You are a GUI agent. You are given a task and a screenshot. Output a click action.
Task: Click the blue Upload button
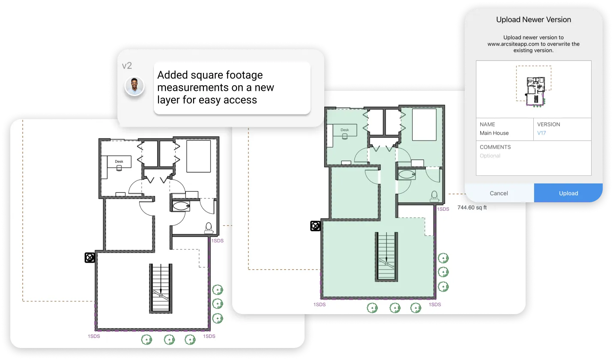[568, 193]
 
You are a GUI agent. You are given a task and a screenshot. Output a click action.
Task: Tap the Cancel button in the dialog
[499, 193]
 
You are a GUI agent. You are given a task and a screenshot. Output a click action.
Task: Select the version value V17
[541, 133]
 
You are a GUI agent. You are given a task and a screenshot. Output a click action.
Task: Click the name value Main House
[494, 133]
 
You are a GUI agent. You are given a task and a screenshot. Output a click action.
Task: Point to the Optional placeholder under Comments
[490, 156]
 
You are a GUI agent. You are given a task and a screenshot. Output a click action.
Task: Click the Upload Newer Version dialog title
[533, 20]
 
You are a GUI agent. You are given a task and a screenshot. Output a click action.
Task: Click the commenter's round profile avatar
[134, 87]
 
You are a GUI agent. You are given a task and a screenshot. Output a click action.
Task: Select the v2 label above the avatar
[127, 66]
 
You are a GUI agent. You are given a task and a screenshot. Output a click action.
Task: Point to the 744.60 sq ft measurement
[472, 207]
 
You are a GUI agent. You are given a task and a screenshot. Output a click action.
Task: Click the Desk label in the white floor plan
[119, 162]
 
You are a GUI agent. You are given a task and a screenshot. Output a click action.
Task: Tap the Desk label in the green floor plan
[345, 130]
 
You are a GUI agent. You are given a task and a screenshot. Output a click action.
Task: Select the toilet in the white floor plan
[209, 227]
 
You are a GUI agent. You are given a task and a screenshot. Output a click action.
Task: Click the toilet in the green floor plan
[434, 195]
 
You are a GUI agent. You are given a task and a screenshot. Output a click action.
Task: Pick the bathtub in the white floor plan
[181, 206]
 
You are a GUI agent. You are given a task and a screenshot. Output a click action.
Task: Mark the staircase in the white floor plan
[161, 288]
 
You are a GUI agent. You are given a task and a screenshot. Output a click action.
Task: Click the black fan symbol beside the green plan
[316, 226]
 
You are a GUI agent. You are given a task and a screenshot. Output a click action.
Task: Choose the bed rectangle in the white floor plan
[198, 156]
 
